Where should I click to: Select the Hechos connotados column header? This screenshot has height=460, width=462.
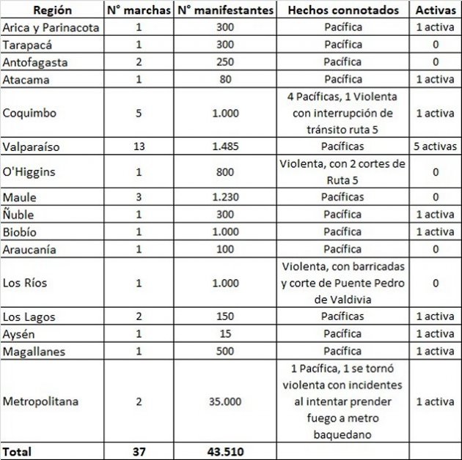coord(343,10)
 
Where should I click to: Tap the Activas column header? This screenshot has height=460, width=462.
coord(435,10)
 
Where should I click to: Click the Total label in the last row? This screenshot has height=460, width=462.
coord(18,451)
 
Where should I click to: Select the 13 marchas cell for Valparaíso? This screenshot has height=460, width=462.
coord(139,146)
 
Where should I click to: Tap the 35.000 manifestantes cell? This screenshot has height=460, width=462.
coord(226,401)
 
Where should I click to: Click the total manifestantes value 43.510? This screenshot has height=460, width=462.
coord(226,451)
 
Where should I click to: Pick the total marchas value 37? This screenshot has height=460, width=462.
coord(139,451)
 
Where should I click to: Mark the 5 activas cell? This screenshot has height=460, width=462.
coord(435,146)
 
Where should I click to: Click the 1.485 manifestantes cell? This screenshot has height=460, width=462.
coord(226,146)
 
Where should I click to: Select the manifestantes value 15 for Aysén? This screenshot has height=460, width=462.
coord(226,334)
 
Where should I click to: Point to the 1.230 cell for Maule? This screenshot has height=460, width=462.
coord(226,198)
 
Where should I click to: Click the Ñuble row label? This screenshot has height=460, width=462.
coord(18,215)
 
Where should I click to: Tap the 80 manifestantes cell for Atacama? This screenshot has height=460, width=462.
coord(226,79)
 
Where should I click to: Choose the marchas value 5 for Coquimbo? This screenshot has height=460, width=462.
coord(139,114)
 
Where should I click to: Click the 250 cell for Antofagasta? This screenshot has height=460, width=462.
coord(226,62)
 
